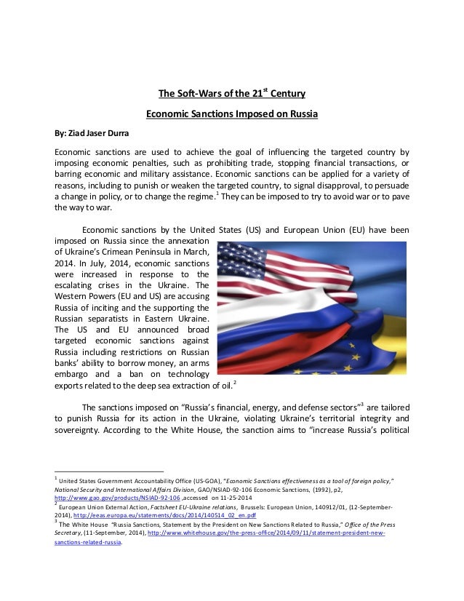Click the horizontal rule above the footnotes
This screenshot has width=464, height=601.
pos(109,471)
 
